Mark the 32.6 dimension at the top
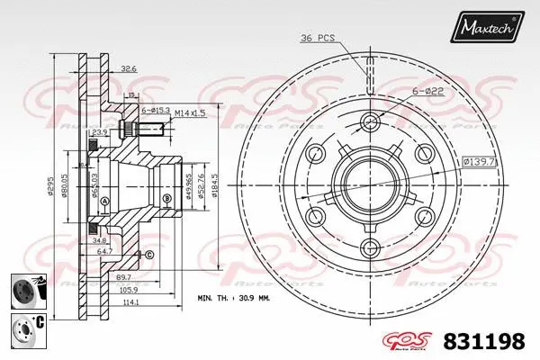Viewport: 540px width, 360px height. [129, 68]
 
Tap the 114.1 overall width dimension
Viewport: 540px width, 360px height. [130, 302]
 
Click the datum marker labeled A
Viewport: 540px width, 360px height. [104, 201]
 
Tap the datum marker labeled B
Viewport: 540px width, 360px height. [167, 199]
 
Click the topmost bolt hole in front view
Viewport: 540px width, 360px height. [371, 122]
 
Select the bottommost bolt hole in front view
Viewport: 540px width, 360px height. [371, 248]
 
